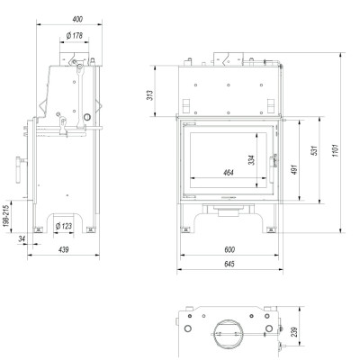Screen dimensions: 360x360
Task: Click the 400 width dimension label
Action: [77, 19]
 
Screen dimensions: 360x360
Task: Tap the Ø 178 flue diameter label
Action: [74, 36]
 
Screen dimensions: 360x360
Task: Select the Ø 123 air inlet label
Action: [64, 226]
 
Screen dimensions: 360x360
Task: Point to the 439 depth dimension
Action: [64, 249]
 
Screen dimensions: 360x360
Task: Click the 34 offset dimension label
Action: [22, 238]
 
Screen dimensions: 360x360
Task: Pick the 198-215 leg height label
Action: [7, 216]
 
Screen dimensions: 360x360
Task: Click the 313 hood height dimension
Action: [150, 95]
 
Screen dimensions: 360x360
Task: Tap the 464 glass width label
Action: [229, 173]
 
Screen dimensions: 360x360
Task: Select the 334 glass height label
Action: [251, 160]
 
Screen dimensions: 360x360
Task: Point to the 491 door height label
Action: [294, 169]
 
